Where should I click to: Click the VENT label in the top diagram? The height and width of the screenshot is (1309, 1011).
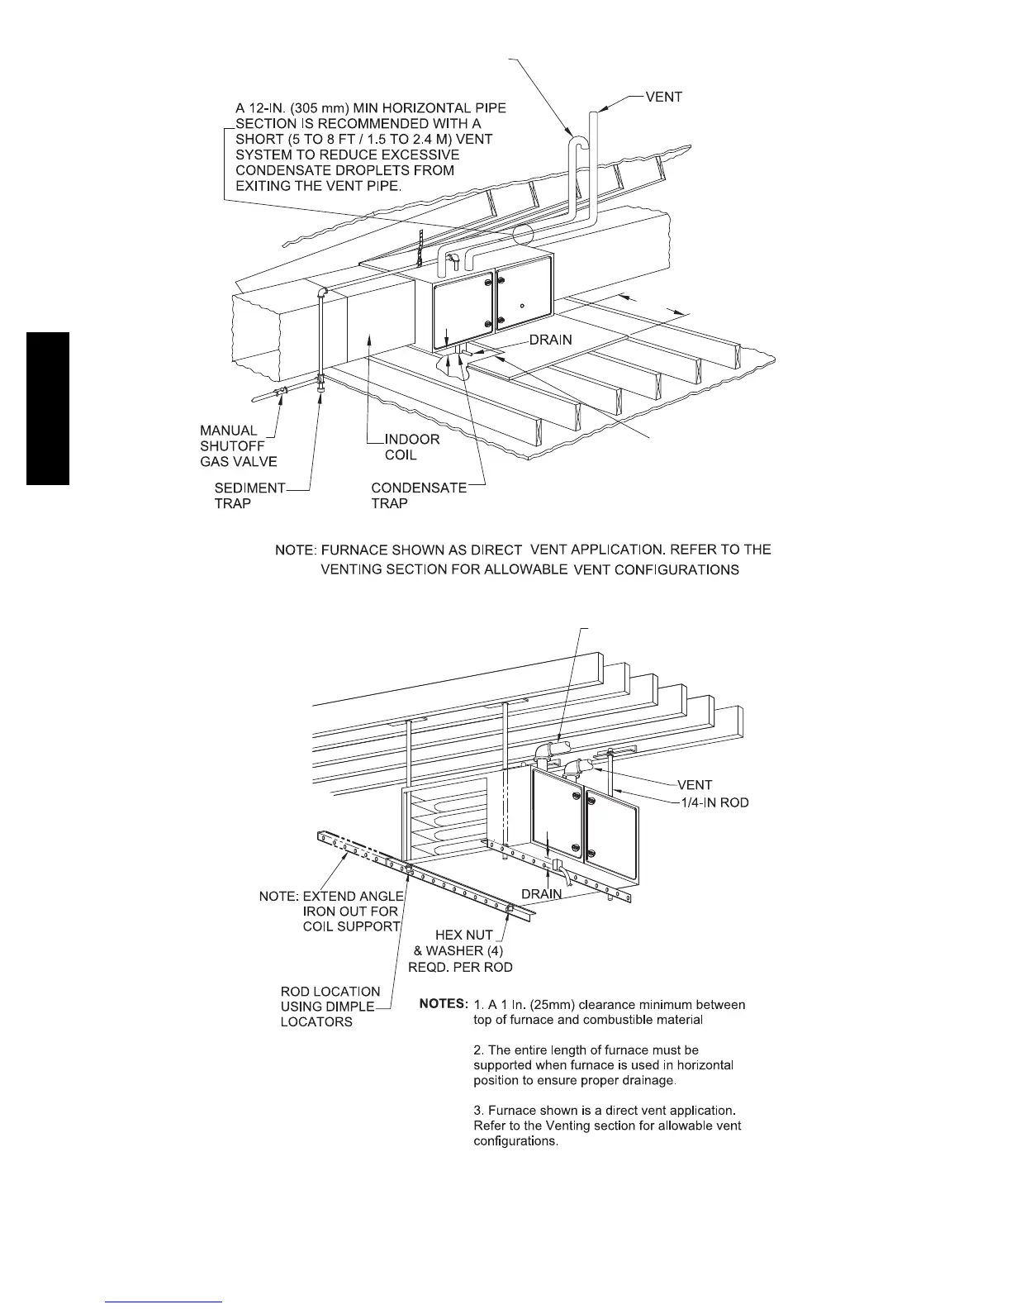point(663,98)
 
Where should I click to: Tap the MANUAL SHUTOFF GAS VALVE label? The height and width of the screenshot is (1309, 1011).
point(238,446)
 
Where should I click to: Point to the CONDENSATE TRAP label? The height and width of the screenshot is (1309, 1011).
point(418,496)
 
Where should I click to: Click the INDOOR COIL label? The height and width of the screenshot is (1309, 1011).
point(412,447)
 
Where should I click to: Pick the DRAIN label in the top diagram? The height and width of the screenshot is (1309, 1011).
point(550,340)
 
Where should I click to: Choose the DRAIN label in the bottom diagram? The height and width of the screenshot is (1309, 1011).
point(542,894)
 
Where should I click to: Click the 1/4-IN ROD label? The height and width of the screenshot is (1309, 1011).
point(713,802)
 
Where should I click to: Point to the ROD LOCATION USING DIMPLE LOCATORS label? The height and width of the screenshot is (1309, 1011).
point(330,1007)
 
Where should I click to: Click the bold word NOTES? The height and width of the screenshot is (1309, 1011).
point(444,1004)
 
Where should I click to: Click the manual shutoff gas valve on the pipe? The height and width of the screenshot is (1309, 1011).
point(282,391)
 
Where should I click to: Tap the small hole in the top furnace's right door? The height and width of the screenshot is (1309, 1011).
point(522,305)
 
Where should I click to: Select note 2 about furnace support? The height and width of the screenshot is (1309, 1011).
point(603,1065)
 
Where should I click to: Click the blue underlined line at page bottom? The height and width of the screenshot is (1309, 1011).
point(164,1302)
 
